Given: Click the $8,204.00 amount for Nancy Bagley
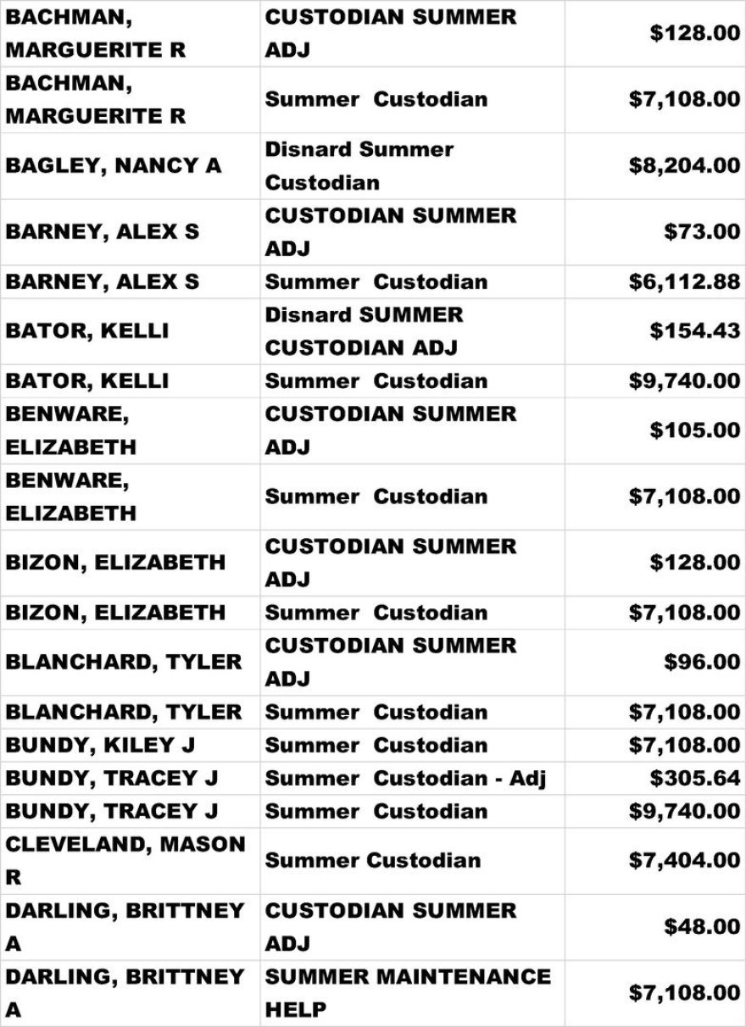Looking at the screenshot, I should (x=684, y=165).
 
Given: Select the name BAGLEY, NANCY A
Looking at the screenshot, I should (x=114, y=165).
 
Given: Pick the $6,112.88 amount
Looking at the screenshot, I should (x=684, y=281).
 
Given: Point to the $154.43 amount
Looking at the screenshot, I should (x=695, y=330).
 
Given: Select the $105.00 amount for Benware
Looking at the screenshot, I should (x=695, y=430).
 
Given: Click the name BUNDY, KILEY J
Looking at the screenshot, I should (x=101, y=745).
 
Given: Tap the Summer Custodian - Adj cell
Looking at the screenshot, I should (x=405, y=778).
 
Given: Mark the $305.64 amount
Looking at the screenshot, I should (x=695, y=778).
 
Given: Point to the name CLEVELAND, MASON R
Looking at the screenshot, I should (x=125, y=860).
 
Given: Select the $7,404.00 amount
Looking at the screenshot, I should (x=684, y=860).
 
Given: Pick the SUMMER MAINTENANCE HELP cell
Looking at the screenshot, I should (x=408, y=992).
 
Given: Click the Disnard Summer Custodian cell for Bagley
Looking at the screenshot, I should (x=359, y=165).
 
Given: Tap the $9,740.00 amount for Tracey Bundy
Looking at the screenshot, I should (x=684, y=811).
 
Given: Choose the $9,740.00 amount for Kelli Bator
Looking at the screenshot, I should (x=684, y=380).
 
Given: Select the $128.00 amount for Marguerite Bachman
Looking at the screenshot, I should (x=695, y=33).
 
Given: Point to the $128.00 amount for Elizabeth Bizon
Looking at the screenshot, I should (x=695, y=562).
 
